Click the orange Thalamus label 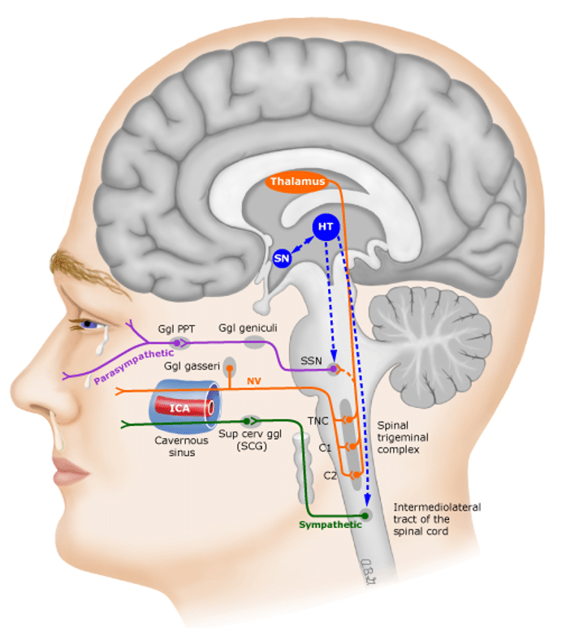coord(298,182)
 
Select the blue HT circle coord(326,226)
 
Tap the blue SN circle coord(282,259)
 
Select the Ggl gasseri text coord(192,367)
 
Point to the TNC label coord(317,421)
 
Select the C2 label coord(330,475)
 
